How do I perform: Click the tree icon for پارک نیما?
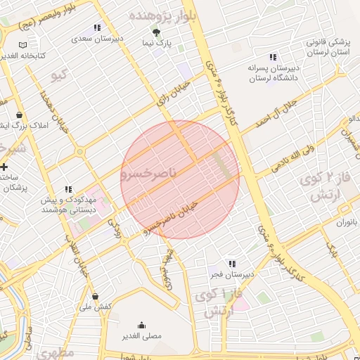tap(156, 32)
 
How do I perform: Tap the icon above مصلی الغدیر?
tap(143, 325)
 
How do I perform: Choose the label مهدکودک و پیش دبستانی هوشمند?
tap(68, 205)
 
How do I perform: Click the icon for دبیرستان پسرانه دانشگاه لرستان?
tap(272, 57)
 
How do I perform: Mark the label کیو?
tap(60, 73)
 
